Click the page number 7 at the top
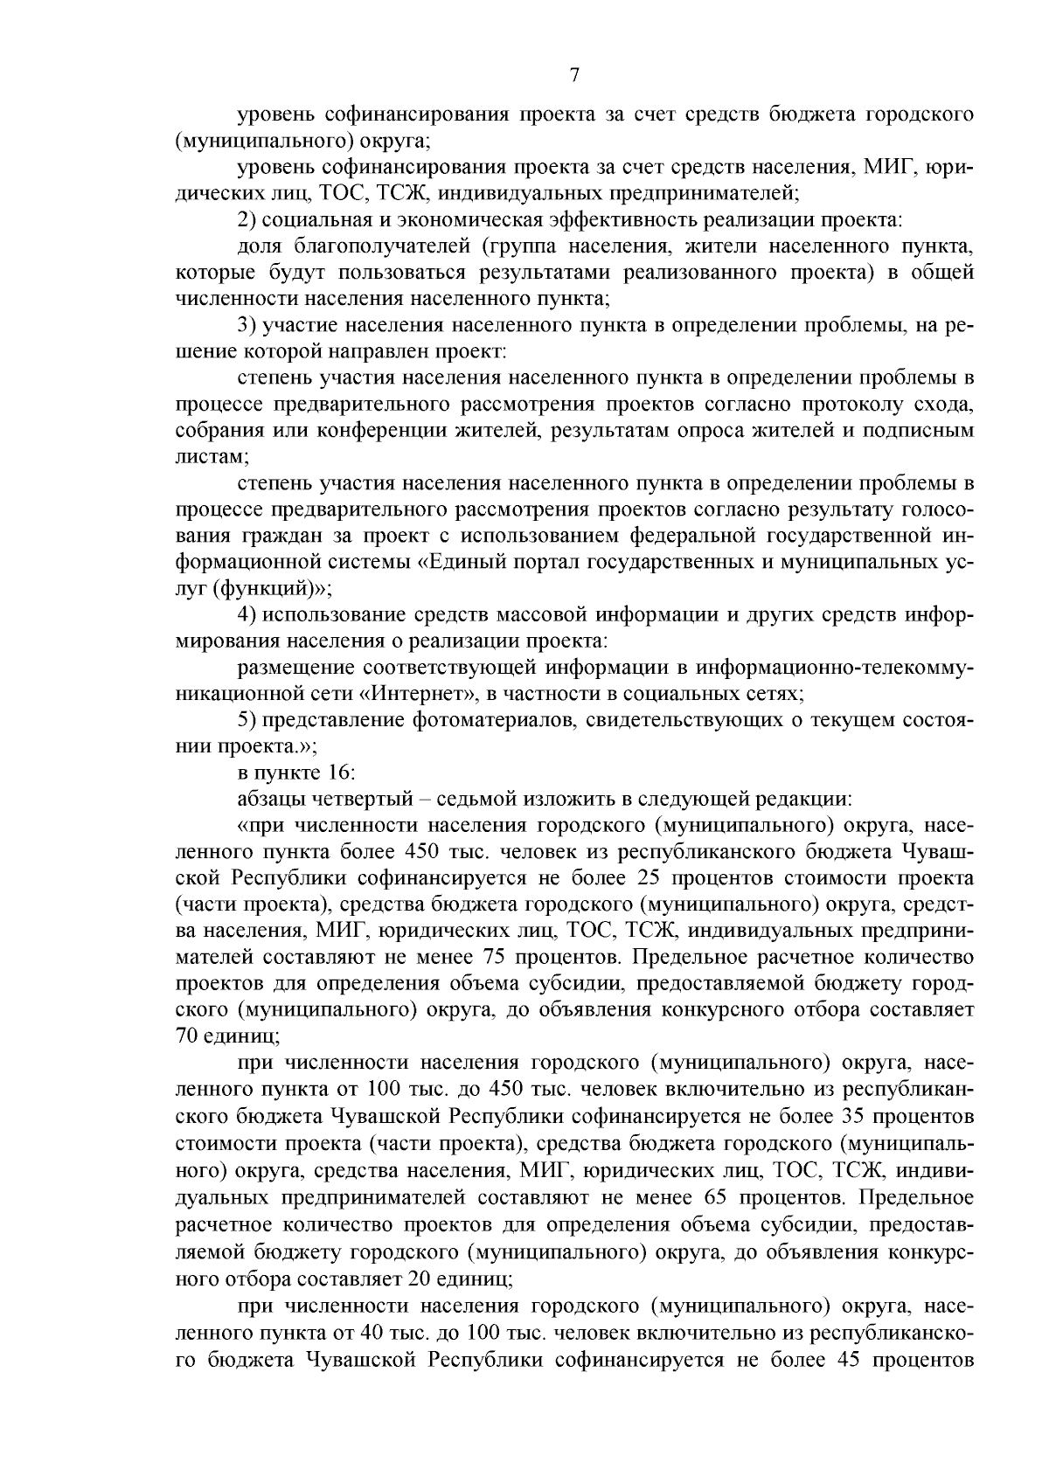click(x=574, y=75)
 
